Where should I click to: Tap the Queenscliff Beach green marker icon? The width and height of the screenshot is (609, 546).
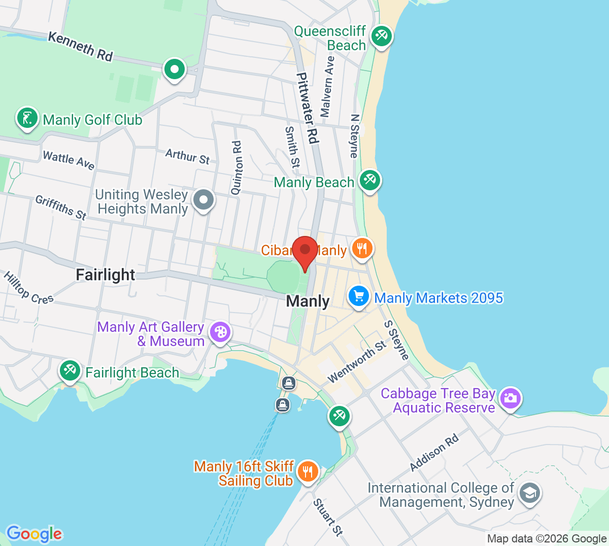[x=381, y=36]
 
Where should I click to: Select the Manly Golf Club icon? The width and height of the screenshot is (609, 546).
[x=27, y=118]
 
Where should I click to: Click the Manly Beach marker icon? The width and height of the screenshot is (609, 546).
[x=369, y=180]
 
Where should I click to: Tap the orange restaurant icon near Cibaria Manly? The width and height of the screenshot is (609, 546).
[x=361, y=249]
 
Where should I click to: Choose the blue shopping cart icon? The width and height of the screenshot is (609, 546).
[x=359, y=296]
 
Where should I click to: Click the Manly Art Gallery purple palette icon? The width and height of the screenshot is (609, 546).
[x=220, y=332]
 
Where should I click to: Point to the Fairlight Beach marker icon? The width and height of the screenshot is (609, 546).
[x=70, y=370]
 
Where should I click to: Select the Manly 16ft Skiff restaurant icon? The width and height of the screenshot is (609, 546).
[x=308, y=471]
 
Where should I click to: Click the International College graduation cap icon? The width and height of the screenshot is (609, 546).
[x=530, y=493]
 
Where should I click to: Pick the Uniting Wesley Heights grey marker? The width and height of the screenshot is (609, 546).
[x=204, y=199]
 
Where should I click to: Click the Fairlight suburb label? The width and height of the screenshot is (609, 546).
[x=106, y=275]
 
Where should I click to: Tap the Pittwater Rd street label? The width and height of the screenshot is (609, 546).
[x=308, y=108]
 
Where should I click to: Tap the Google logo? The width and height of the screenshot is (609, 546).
[x=34, y=533]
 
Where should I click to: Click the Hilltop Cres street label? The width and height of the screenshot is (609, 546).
[x=28, y=288]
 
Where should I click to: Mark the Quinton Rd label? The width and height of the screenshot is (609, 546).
[x=236, y=168]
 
